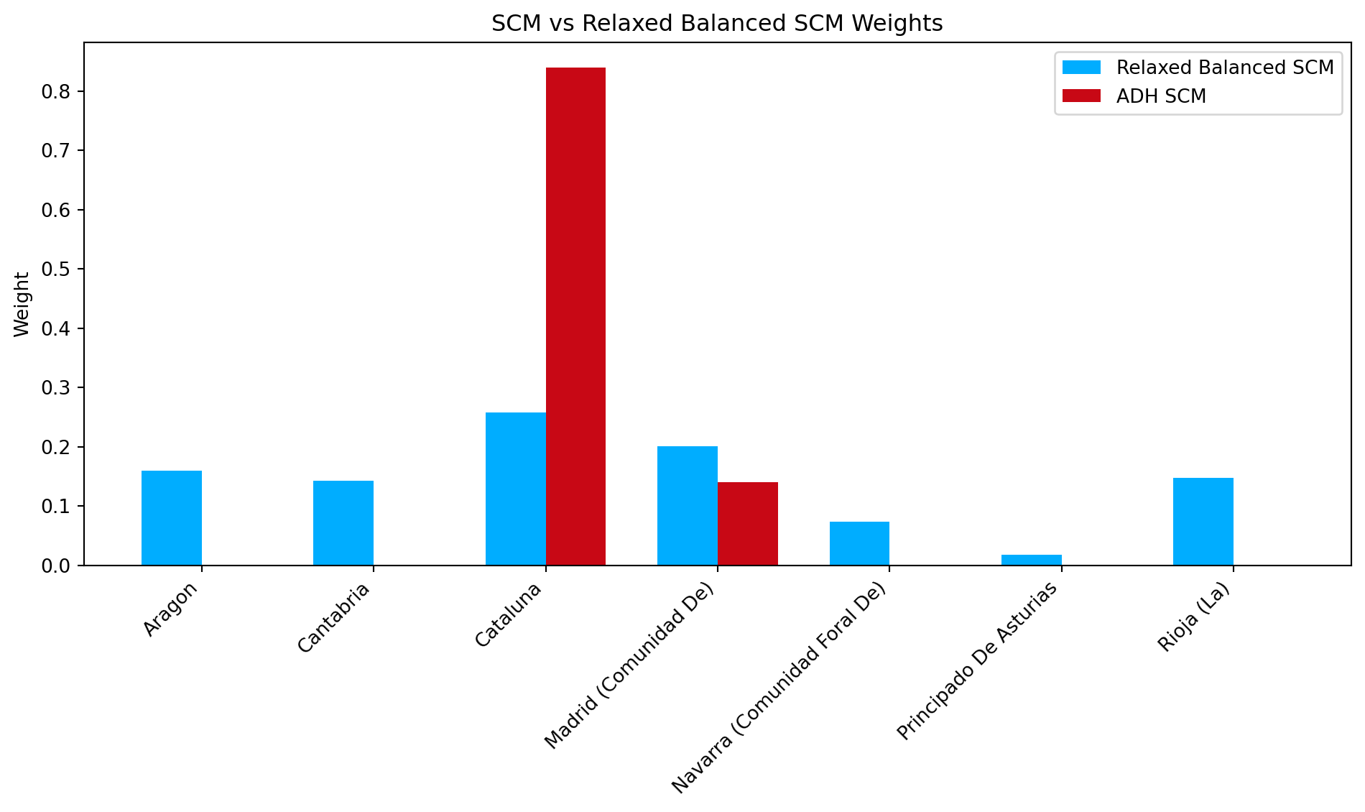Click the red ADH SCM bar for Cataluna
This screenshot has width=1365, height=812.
pos(575,316)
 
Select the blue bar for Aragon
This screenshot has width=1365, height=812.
pos(171,518)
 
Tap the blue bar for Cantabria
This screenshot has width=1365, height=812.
pos(343,523)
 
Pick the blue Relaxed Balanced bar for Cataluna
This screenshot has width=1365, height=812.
pos(515,489)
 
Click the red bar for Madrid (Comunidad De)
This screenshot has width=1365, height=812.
pos(747,524)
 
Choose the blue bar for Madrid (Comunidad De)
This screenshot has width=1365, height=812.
pos(687,506)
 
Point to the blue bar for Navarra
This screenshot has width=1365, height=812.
pos(859,544)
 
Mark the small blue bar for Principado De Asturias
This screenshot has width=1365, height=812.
pos(1031,560)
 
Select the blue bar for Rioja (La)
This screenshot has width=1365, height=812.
pos(1203,522)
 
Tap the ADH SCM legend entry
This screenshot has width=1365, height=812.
pos(1161,96)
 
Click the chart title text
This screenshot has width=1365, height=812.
pos(716,24)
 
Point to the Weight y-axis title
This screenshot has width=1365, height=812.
pos(22,304)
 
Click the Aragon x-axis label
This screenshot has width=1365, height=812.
pos(170,610)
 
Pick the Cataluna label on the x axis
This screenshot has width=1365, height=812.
pos(508,615)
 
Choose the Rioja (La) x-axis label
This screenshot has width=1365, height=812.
pos(1193,617)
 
